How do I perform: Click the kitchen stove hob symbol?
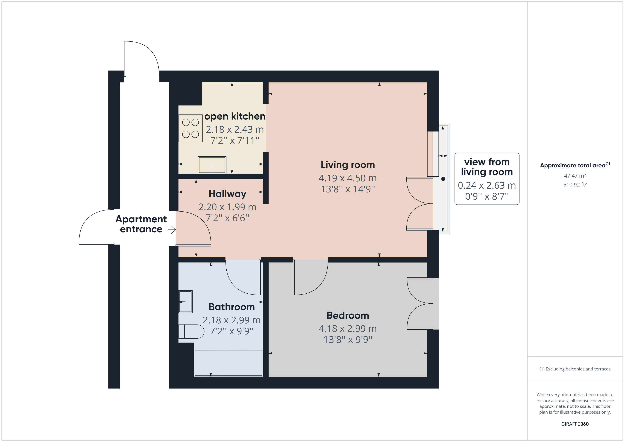[191, 128]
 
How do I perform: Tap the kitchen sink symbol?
[212, 165]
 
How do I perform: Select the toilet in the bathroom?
[191, 331]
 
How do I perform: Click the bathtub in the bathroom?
[228, 363]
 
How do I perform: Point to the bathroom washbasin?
[185, 302]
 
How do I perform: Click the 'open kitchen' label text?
[235, 117]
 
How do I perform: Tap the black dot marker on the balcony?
[443, 179]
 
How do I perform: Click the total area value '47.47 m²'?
[575, 176]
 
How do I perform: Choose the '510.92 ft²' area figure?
[575, 185]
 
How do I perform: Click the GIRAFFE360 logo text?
[575, 424]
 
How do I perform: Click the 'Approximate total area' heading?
[573, 165]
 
